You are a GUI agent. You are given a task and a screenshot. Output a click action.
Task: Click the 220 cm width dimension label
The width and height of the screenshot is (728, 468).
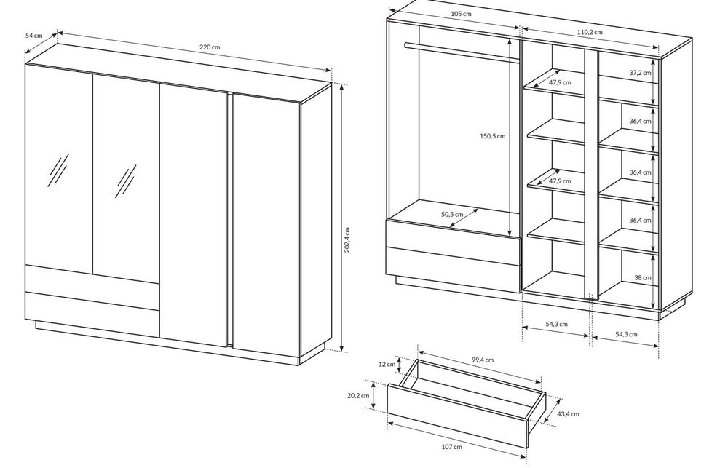(210, 47)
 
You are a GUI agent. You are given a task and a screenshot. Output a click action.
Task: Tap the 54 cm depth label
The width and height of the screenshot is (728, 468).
(34, 35)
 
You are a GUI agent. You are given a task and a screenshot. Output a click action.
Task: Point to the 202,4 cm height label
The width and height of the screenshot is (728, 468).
(347, 240)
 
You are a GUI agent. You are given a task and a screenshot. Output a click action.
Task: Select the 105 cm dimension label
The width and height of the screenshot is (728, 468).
(461, 14)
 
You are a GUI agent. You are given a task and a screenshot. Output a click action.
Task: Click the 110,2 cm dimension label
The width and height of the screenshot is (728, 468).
(590, 32)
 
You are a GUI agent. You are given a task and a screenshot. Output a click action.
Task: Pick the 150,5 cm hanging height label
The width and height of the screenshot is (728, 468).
(492, 136)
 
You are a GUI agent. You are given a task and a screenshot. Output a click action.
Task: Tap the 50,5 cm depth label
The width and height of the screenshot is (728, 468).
(452, 214)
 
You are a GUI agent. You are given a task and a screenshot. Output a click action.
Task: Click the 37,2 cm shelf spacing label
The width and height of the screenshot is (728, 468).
(640, 73)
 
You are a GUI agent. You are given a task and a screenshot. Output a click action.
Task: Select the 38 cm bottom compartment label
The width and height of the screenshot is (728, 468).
(643, 277)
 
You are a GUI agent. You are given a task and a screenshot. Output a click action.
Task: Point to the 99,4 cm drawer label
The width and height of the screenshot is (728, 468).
(483, 360)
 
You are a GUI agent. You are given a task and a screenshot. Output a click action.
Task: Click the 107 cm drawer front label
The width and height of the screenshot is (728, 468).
(452, 447)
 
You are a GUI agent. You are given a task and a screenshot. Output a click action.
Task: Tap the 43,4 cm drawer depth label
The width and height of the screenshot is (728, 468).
(569, 413)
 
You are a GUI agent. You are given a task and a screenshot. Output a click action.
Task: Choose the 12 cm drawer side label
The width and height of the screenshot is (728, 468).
(387, 364)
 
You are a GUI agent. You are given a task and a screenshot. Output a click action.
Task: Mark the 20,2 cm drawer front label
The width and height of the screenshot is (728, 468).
(358, 395)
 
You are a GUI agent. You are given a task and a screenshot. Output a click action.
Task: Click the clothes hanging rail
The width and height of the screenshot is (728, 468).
(462, 52)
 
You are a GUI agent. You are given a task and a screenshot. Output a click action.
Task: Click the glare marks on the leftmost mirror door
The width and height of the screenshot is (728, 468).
(58, 170)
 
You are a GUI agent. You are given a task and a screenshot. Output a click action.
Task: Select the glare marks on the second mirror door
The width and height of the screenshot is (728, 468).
(126, 181)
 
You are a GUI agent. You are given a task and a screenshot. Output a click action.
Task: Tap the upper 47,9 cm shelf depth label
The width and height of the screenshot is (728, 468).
(560, 83)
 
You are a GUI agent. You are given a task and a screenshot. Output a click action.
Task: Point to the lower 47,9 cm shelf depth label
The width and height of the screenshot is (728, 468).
(560, 181)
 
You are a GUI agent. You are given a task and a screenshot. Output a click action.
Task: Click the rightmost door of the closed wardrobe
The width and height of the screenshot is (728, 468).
(266, 223)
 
